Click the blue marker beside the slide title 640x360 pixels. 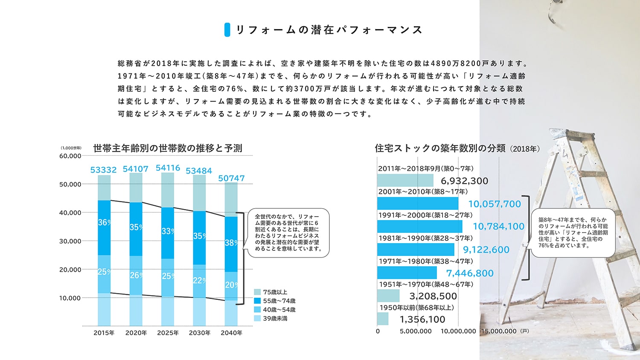[x=227, y=29]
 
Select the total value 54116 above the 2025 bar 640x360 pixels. [x=168, y=168]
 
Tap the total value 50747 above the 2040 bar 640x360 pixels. [x=231, y=178]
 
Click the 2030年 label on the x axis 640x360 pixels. [x=200, y=333]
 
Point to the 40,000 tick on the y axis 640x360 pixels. [x=70, y=212]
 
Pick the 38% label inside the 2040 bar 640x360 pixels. [x=231, y=243]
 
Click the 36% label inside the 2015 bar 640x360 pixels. [x=104, y=222]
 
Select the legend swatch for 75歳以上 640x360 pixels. [x=257, y=292]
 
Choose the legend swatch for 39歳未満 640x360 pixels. [x=257, y=318]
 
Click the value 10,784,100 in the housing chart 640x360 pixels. [x=498, y=226]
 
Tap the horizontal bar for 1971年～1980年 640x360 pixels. [x=407, y=273]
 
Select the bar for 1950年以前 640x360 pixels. [x=383, y=319]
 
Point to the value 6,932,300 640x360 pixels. [x=464, y=181]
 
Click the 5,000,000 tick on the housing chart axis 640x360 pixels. [x=416, y=331]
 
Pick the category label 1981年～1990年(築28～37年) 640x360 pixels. [x=425, y=238]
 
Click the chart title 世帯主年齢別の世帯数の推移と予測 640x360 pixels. [x=168, y=148]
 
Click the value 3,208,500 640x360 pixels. [x=433, y=296]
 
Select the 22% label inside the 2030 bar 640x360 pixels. [x=199, y=280]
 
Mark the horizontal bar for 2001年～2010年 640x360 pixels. [x=418, y=203]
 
